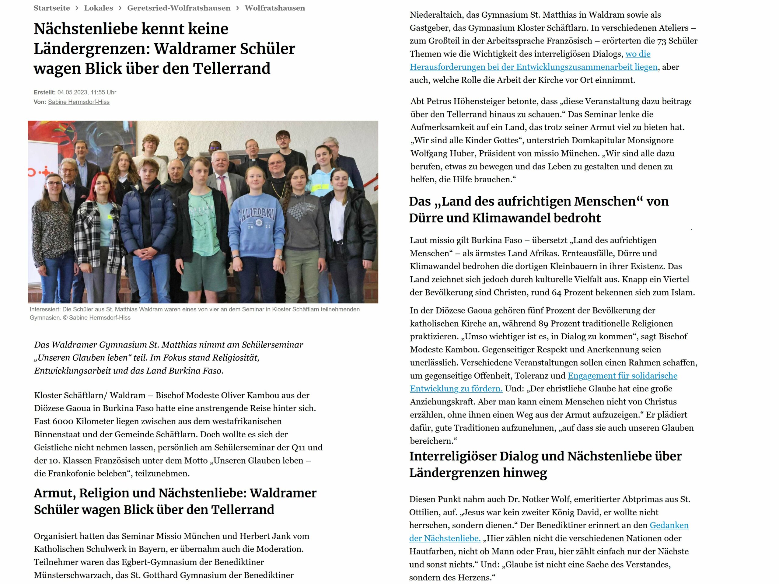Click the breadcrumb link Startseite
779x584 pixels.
(51, 8)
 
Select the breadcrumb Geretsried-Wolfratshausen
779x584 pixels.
(179, 8)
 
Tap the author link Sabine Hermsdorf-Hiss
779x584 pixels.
(79, 102)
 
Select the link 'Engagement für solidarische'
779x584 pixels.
(622, 376)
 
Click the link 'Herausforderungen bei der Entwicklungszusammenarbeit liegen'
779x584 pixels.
(533, 67)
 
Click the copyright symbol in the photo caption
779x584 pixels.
(65, 318)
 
